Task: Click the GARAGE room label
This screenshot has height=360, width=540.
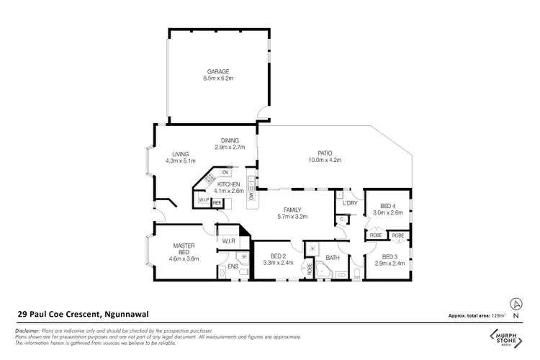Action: point(218,71)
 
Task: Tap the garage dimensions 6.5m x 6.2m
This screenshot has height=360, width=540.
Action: point(218,78)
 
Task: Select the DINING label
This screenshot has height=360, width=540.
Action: point(230,140)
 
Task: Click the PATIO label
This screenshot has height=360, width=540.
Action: point(325,153)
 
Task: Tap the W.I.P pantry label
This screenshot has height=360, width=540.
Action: point(203,199)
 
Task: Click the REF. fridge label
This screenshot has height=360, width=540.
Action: point(216,203)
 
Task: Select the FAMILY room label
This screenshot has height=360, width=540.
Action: point(292,209)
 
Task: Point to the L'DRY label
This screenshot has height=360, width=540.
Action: point(350,203)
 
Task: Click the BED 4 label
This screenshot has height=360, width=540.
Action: point(389,206)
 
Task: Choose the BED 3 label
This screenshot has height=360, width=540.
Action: point(390,257)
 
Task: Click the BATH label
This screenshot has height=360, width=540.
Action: point(332,257)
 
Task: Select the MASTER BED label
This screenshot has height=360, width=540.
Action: point(184,248)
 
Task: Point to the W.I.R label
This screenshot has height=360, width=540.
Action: point(230,240)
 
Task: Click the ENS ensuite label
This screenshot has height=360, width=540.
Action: point(233,267)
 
